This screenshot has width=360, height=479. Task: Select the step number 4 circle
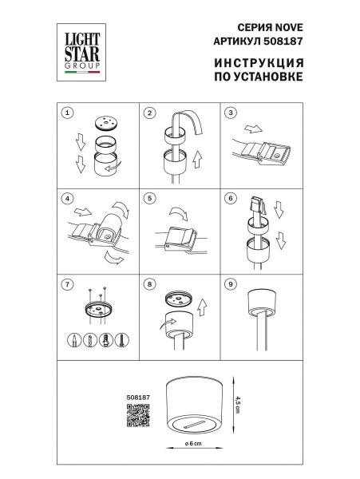pos(69,197)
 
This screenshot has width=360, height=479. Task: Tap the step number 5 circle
pos(148,197)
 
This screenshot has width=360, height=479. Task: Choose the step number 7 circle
pos(69,283)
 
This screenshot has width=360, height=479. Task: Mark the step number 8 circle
pos(148,283)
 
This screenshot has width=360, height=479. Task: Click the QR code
pos(138,414)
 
